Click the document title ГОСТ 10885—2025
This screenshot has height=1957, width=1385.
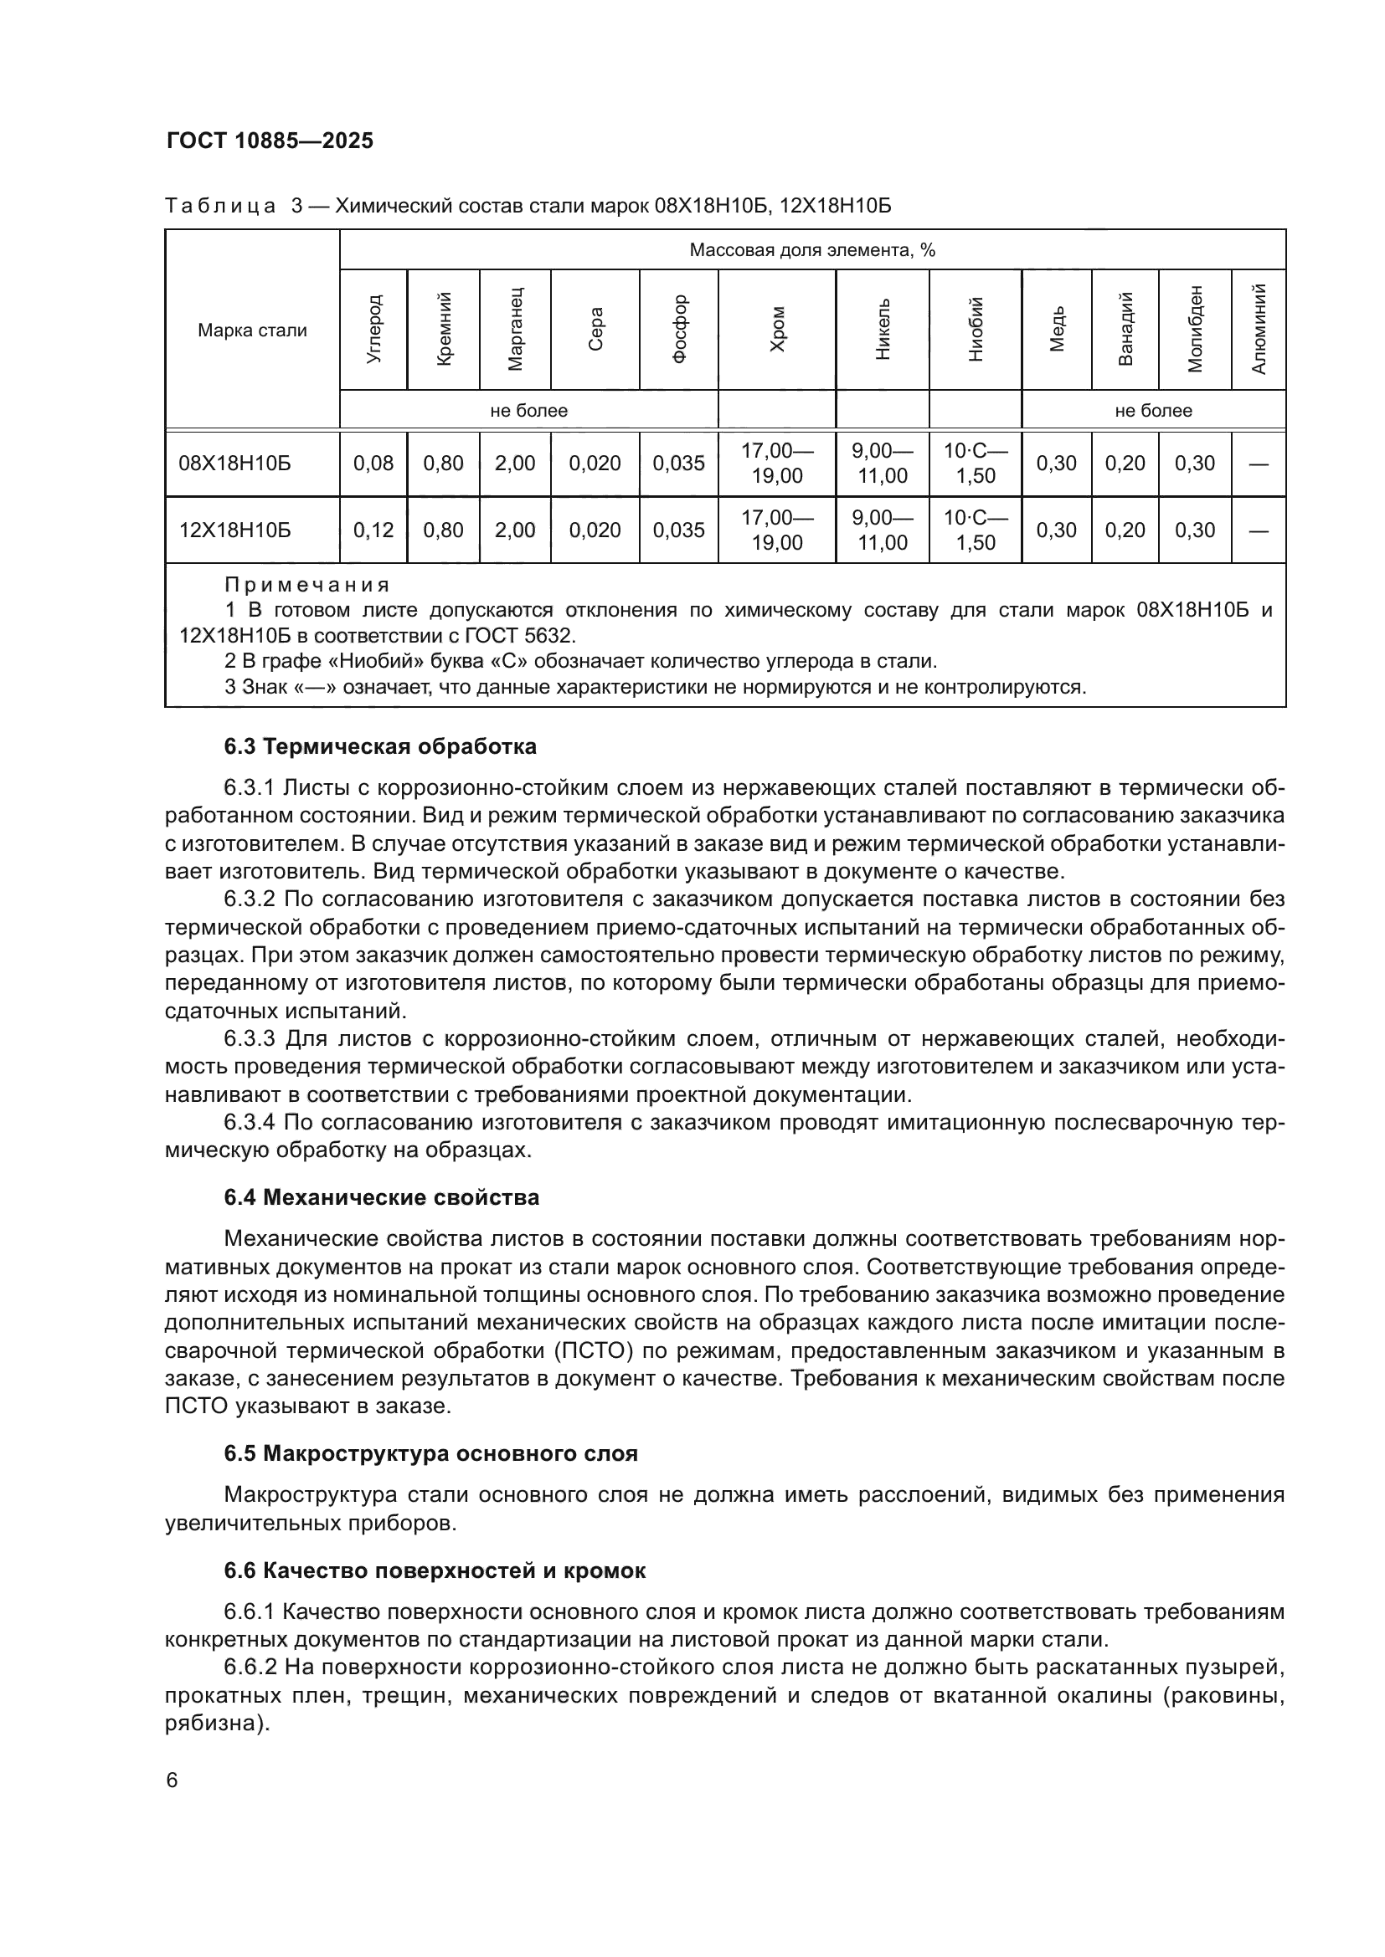tap(270, 141)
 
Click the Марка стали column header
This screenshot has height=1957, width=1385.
tap(252, 330)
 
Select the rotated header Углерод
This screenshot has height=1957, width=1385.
tap(373, 330)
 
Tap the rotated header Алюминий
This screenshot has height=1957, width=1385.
tap(1259, 330)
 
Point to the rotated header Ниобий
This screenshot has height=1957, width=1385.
tap(976, 330)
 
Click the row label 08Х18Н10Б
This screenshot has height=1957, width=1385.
tap(234, 464)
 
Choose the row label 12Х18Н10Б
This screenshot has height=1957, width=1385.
tap(234, 530)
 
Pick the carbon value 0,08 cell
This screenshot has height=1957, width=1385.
tap(373, 464)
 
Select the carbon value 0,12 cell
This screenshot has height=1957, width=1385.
tap(373, 530)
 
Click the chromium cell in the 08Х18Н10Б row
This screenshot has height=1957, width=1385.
tap(777, 464)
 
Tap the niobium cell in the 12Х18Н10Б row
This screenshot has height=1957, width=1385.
tap(976, 530)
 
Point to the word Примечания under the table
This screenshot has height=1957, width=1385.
tap(307, 586)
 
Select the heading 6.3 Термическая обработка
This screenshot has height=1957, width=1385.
tap(380, 746)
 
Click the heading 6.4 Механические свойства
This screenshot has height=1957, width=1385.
tap(381, 1197)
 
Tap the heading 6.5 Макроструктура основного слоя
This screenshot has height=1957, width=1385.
tap(430, 1453)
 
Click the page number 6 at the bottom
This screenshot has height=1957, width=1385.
tap(172, 1780)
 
